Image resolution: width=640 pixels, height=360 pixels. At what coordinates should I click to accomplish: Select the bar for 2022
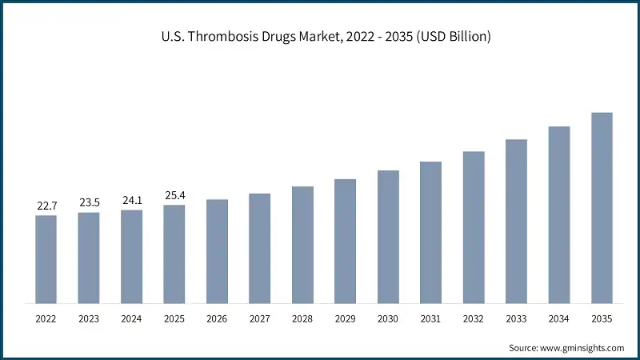(x=46, y=259)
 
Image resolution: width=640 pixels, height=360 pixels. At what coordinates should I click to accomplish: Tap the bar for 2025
(x=174, y=254)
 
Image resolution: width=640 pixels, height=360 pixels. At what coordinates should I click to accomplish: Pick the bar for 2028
(x=302, y=245)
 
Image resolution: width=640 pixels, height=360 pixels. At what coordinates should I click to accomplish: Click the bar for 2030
(x=388, y=237)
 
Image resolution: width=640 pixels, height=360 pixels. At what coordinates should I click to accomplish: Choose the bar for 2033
(x=516, y=222)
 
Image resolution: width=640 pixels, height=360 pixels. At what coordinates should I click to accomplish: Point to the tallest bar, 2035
(x=602, y=208)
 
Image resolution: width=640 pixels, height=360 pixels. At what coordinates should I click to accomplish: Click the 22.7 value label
(x=46, y=206)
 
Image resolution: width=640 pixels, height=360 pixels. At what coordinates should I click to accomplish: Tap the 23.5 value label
(x=89, y=203)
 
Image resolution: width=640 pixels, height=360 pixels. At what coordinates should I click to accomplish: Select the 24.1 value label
(x=132, y=201)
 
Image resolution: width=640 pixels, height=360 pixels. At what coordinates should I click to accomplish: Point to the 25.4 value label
(x=174, y=196)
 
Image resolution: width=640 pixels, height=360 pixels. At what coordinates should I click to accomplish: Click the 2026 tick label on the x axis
(x=217, y=319)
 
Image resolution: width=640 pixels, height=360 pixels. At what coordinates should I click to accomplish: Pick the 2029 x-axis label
(x=345, y=319)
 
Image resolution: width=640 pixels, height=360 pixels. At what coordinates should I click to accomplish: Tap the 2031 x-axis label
(x=430, y=319)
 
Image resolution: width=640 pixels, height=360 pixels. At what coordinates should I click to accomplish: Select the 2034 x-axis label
(x=558, y=319)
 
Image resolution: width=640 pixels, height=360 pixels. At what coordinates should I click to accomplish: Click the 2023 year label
(x=89, y=319)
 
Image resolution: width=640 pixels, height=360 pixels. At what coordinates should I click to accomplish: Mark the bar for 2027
(x=260, y=248)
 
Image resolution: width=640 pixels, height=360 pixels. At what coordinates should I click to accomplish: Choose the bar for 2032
(x=474, y=227)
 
